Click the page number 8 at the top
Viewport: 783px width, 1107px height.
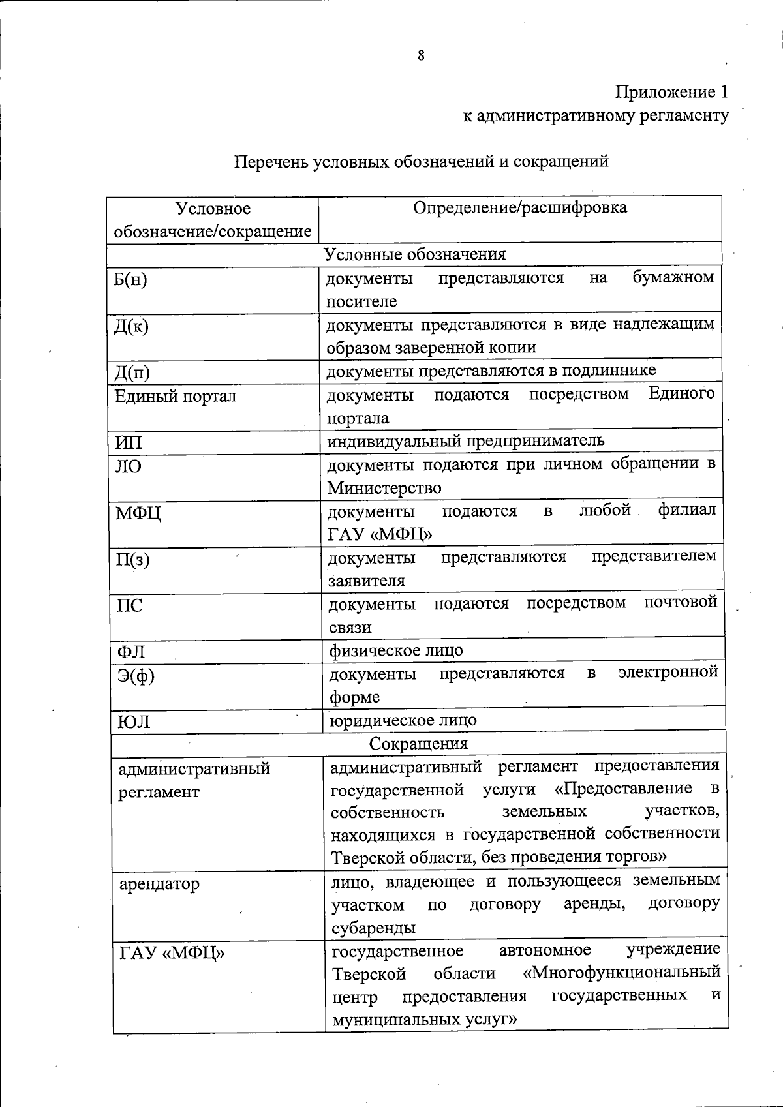pyautogui.click(x=421, y=56)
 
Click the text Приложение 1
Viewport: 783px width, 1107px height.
pyautogui.click(x=671, y=92)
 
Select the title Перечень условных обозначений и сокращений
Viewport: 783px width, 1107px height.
pyautogui.click(x=422, y=161)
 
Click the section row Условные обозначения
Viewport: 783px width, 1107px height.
pyautogui.click(x=415, y=254)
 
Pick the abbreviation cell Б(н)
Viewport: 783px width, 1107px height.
pyautogui.click(x=130, y=279)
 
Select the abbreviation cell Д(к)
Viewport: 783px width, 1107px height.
pyautogui.click(x=131, y=326)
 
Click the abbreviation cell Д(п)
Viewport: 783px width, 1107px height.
pyautogui.click(x=132, y=372)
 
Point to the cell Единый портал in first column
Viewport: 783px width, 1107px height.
pyautogui.click(x=175, y=396)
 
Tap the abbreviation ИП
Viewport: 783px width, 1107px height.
pyautogui.click(x=129, y=443)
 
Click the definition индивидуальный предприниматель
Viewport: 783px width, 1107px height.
pyautogui.click(x=466, y=440)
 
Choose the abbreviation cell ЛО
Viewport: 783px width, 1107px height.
pyautogui.click(x=129, y=466)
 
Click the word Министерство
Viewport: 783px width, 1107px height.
pyautogui.click(x=384, y=488)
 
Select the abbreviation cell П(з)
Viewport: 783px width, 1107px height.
pyautogui.click(x=132, y=560)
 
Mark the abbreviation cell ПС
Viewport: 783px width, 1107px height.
pyautogui.click(x=129, y=606)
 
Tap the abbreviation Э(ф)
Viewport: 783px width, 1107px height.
pyautogui.click(x=136, y=676)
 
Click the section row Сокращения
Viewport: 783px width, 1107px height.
pyautogui.click(x=418, y=744)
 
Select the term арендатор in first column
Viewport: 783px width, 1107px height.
pyautogui.click(x=159, y=885)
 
